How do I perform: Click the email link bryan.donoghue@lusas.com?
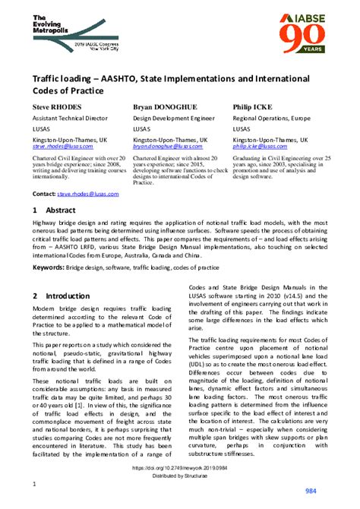169,147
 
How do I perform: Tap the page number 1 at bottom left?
34,484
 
